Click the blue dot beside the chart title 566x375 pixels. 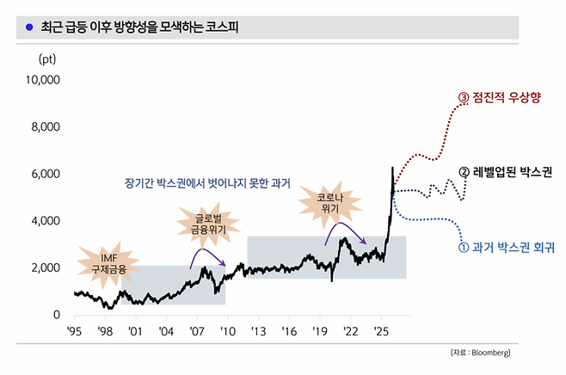pos(29,27)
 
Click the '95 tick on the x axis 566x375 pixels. pos(75,330)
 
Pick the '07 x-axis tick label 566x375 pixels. pos(198,330)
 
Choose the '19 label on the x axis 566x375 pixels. pos(320,330)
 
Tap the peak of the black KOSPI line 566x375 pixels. pos(392,168)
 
